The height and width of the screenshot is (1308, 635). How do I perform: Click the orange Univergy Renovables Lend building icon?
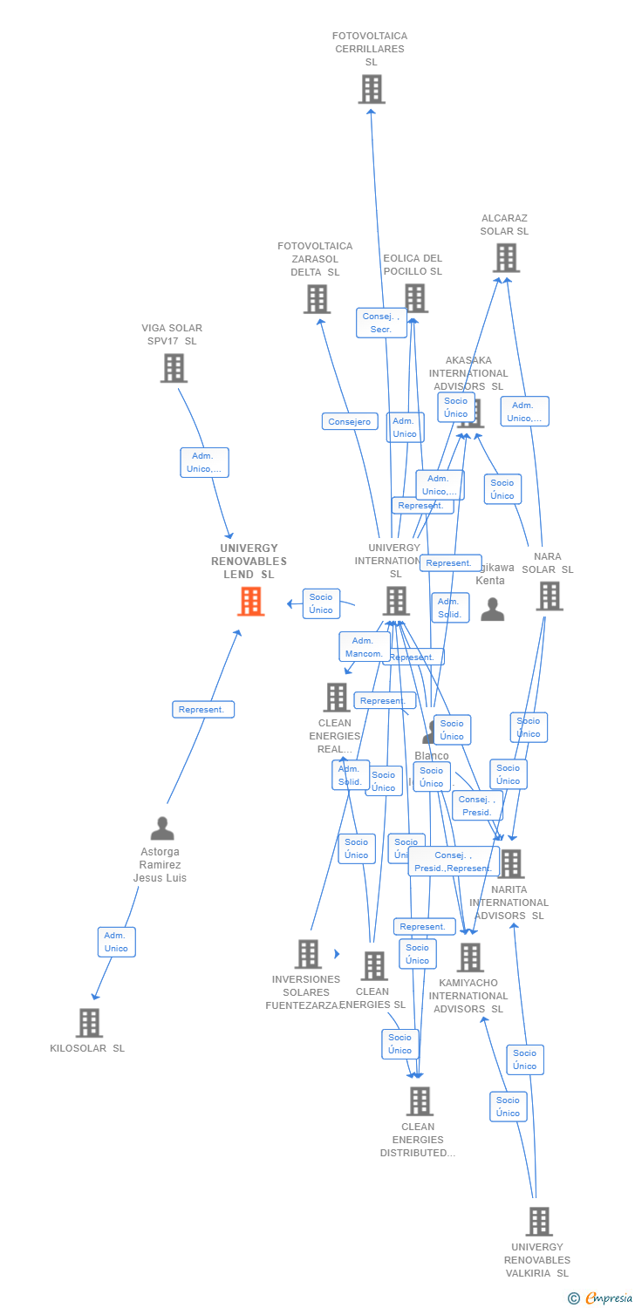point(251,602)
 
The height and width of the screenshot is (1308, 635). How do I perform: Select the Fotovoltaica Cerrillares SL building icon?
point(372,89)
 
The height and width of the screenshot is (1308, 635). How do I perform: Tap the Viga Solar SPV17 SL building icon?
point(174,368)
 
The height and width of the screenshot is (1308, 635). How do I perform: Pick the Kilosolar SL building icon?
point(89,1023)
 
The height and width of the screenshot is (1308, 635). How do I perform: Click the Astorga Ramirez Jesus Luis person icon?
point(162,828)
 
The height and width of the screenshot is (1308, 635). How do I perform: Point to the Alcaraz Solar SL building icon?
point(506,258)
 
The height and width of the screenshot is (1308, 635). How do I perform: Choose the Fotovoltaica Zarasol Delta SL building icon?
point(317,299)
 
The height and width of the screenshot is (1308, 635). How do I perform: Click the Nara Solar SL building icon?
point(550,596)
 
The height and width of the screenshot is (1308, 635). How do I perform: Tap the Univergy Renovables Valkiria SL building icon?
point(539,1222)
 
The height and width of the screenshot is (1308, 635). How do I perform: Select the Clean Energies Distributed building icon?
point(420,1101)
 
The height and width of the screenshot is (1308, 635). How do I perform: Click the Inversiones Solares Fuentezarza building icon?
point(308,954)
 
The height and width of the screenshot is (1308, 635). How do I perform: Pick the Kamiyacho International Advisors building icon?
point(470,957)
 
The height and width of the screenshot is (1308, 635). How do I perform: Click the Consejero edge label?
point(350,422)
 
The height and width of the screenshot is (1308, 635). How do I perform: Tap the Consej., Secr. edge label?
point(381,323)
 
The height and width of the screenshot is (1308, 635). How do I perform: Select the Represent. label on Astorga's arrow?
point(202,710)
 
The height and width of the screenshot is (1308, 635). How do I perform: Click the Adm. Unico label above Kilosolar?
point(116,942)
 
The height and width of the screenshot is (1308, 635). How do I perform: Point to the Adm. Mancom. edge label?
point(365,647)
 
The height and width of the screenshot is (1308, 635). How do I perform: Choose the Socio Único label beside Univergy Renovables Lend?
point(321,603)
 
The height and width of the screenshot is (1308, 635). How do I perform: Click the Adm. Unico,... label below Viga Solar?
point(204,462)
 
